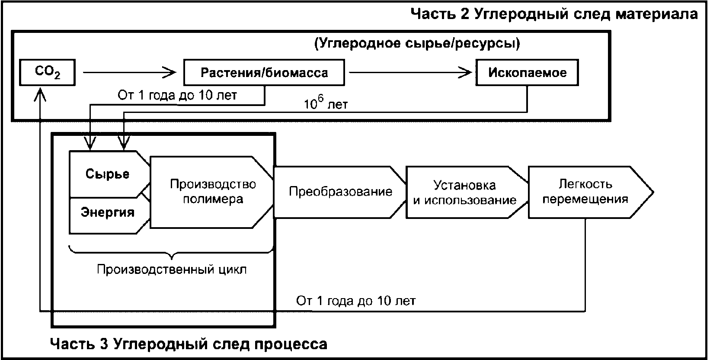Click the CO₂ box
[x=47, y=72]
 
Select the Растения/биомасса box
[x=264, y=72]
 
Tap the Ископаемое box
[x=527, y=72]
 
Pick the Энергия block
[x=108, y=212]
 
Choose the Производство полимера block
[x=212, y=192]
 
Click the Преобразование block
[x=340, y=192]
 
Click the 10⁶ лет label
[x=326, y=104]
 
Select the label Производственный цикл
[x=172, y=269]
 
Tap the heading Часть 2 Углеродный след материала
[x=554, y=14]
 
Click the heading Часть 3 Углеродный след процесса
[x=189, y=344]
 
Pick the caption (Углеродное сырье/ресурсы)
[x=416, y=43]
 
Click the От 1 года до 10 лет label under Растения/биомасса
[x=177, y=95]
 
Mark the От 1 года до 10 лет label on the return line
[x=356, y=301]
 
